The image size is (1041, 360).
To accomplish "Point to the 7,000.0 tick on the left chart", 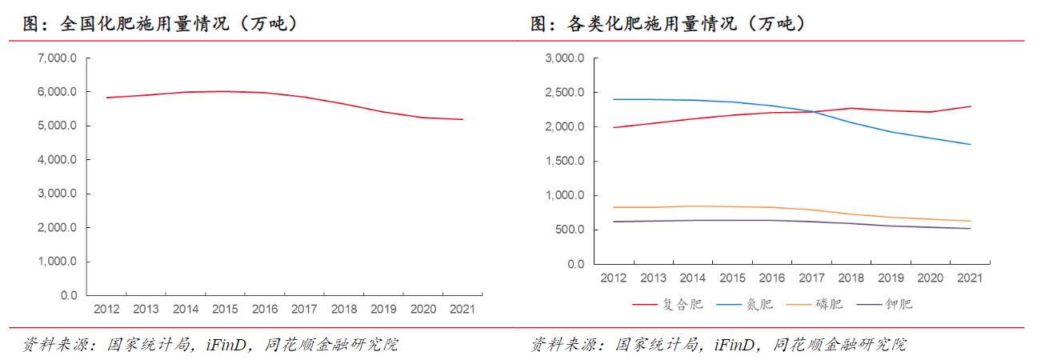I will click(56, 58).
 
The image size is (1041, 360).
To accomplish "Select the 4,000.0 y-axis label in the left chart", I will click(56, 160).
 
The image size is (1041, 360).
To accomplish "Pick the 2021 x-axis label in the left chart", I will click(461, 310).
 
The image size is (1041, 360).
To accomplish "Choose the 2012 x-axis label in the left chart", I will click(106, 310).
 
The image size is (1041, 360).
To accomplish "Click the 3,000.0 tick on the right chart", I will click(564, 58).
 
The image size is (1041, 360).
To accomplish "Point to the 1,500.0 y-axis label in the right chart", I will click(564, 161).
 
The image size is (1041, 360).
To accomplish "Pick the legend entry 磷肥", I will click(829, 304).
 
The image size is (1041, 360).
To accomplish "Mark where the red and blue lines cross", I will click(815, 111).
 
